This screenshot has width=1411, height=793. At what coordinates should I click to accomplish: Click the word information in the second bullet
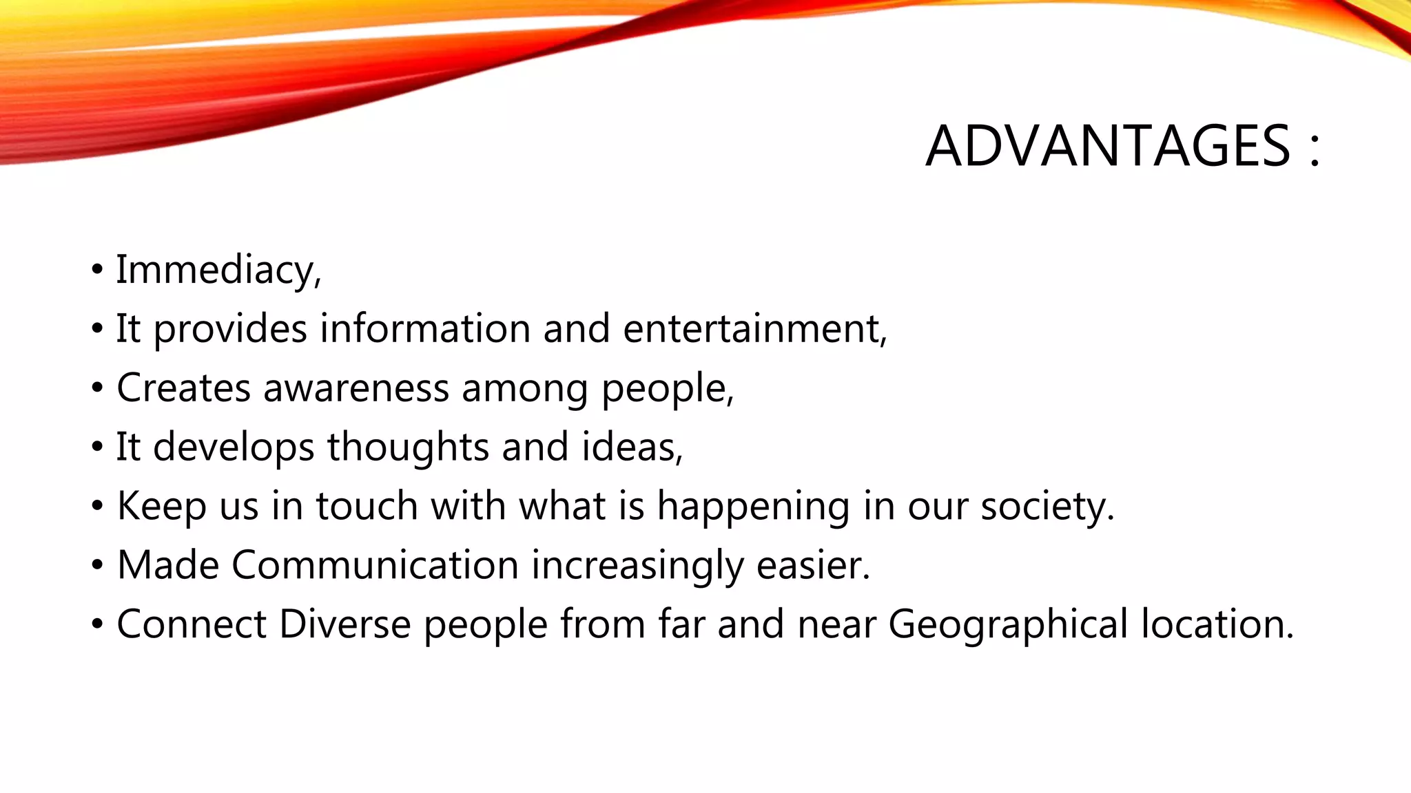[x=425, y=328]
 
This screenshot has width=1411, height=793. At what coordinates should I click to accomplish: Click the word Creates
[x=183, y=388]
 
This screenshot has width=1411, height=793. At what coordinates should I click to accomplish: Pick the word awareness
[x=356, y=388]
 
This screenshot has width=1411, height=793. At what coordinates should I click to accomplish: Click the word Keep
[x=162, y=506]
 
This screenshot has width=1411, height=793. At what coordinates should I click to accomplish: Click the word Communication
[x=375, y=565]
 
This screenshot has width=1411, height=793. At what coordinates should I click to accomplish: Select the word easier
[x=810, y=565]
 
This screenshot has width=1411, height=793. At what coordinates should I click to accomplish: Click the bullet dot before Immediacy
[x=97, y=270]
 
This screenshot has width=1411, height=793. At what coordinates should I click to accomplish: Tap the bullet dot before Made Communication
[x=97, y=566]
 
